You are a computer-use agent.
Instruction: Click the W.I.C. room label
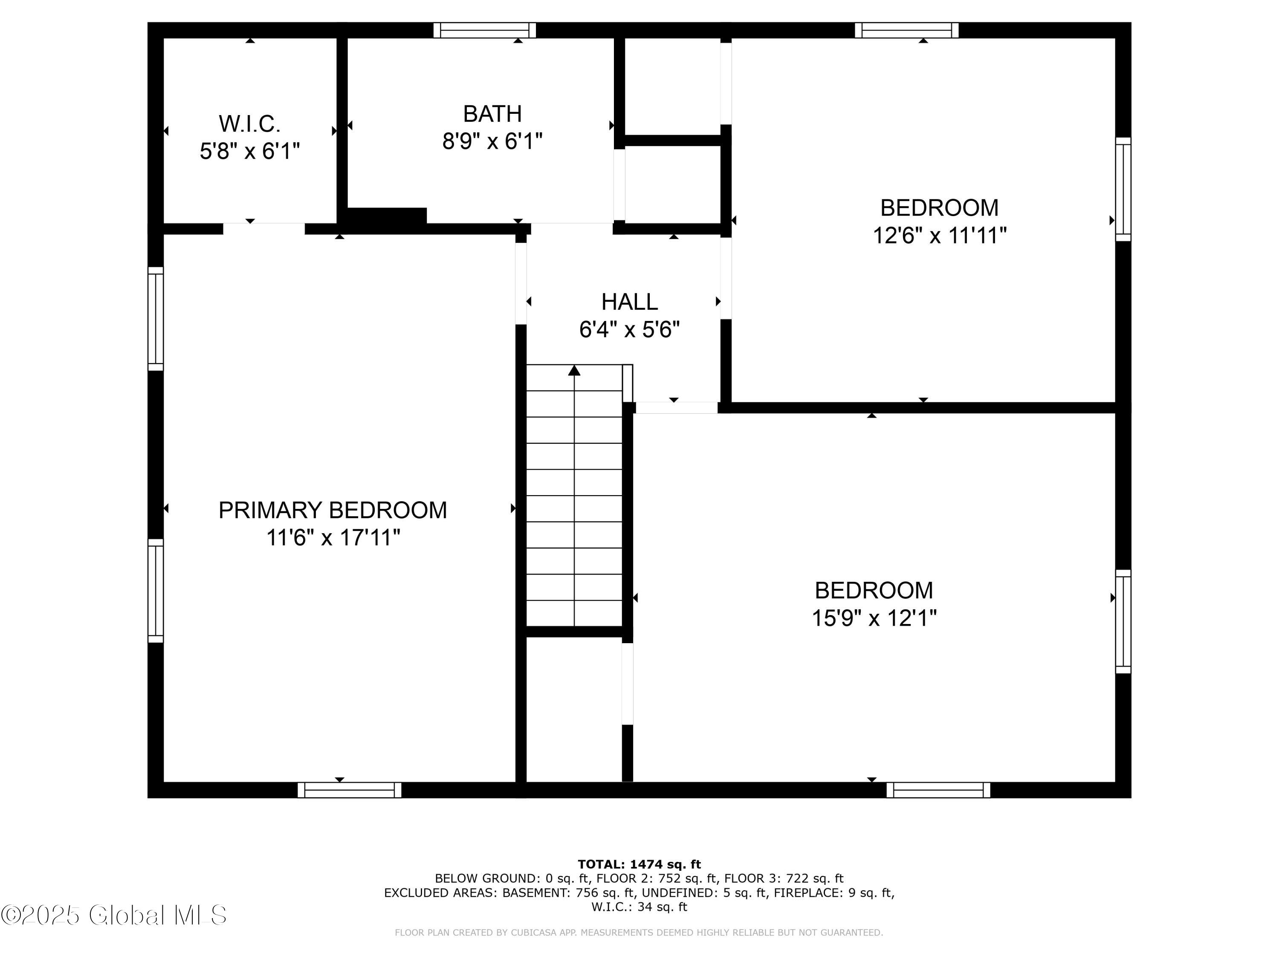(249, 124)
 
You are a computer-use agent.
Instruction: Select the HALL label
(629, 302)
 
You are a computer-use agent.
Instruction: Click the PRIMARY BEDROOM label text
(333, 510)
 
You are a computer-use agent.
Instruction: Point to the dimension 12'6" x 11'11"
(939, 236)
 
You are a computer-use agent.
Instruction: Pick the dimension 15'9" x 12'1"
(874, 618)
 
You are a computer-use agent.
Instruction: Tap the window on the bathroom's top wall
(485, 30)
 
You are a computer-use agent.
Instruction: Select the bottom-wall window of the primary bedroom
(349, 790)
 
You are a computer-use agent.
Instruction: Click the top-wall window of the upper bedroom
(906, 30)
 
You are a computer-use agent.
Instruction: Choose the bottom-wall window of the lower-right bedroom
(938, 790)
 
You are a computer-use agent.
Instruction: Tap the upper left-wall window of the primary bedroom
(156, 318)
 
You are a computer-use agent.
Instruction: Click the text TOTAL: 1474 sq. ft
(639, 864)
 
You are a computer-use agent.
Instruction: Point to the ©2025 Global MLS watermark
(114, 915)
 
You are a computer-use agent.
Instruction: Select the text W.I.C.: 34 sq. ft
(639, 907)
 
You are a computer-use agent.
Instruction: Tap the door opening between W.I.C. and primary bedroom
(263, 228)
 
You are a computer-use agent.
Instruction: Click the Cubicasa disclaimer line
(639, 933)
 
